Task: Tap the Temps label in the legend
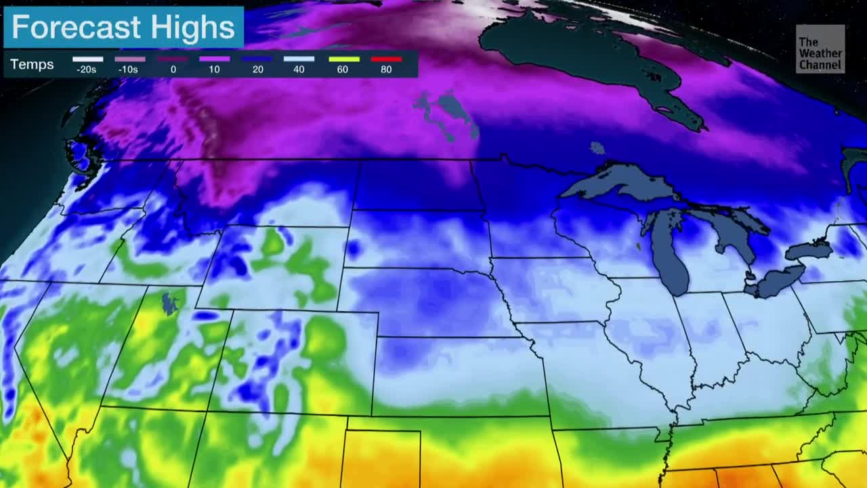32,65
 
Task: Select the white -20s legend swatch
87,60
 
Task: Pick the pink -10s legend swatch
129,60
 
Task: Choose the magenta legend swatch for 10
215,60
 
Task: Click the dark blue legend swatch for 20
257,60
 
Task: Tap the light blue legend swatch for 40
299,60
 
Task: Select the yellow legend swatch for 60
343,60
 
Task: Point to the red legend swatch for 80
386,60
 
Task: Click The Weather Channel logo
820,49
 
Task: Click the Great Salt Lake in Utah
169,303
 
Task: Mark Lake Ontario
809,251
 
